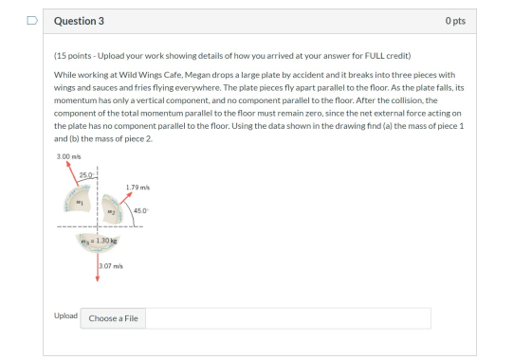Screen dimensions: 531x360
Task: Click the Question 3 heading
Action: click(x=79, y=21)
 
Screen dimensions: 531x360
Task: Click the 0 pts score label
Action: click(x=455, y=21)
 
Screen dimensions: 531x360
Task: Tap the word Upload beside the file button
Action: click(x=65, y=315)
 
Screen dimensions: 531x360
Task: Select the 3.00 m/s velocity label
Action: click(x=68, y=156)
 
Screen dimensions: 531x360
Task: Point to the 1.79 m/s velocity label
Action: click(x=137, y=188)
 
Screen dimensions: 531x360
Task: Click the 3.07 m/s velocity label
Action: click(x=111, y=266)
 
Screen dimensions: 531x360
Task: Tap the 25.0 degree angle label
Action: click(x=86, y=175)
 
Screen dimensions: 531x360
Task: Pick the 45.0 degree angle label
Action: click(x=141, y=210)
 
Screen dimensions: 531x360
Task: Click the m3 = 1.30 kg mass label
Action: click(x=99, y=241)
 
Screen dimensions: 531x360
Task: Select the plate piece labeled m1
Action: click(x=78, y=199)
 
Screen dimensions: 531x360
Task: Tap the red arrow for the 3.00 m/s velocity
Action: click(x=72, y=173)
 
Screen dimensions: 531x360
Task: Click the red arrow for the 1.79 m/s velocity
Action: click(x=125, y=198)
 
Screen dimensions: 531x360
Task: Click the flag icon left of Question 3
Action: click(x=32, y=21)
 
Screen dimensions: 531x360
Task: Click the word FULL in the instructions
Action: click(x=375, y=56)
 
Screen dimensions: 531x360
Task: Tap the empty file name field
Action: click(x=288, y=318)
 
